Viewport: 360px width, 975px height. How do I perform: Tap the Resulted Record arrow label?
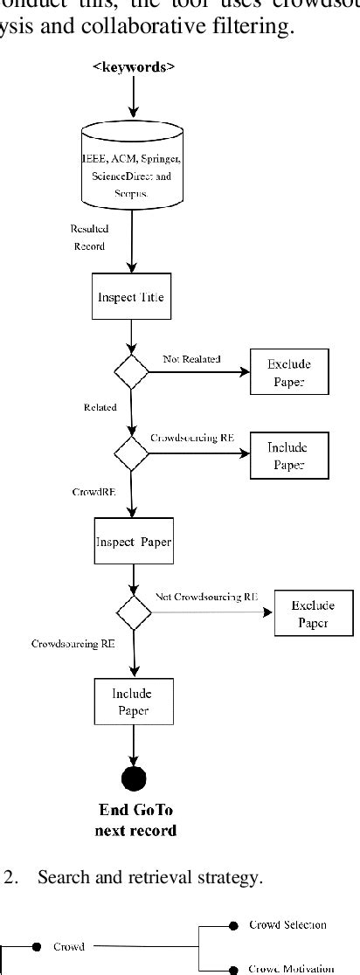click(88, 238)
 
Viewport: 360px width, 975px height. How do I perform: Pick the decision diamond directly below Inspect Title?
click(131, 371)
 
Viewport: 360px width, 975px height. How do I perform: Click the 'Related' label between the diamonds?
click(100, 407)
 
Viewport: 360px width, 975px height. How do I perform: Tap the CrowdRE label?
click(89, 492)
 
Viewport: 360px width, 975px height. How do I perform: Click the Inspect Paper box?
click(134, 541)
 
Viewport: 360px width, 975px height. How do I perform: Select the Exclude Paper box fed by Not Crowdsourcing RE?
click(313, 613)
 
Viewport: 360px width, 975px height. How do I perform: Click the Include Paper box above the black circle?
click(132, 702)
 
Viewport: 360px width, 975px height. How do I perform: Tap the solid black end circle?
click(135, 778)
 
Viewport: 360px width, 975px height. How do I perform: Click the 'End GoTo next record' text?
click(135, 820)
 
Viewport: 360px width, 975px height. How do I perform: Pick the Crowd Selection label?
click(287, 923)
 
